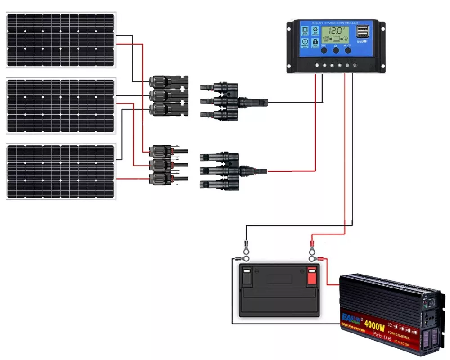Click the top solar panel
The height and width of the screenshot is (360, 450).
point(61,40)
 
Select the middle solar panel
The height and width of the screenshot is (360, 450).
point(61,106)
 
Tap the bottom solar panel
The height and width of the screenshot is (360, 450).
point(61,171)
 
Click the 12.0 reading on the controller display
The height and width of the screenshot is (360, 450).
point(336,32)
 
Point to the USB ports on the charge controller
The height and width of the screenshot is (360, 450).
point(362,31)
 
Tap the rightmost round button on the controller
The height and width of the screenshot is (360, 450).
point(348,50)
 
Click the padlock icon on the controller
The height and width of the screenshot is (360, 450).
point(315,44)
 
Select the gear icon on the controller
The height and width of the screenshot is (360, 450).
point(315,30)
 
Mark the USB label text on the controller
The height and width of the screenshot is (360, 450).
point(361,42)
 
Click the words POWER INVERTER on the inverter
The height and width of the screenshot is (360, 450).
point(397,331)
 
